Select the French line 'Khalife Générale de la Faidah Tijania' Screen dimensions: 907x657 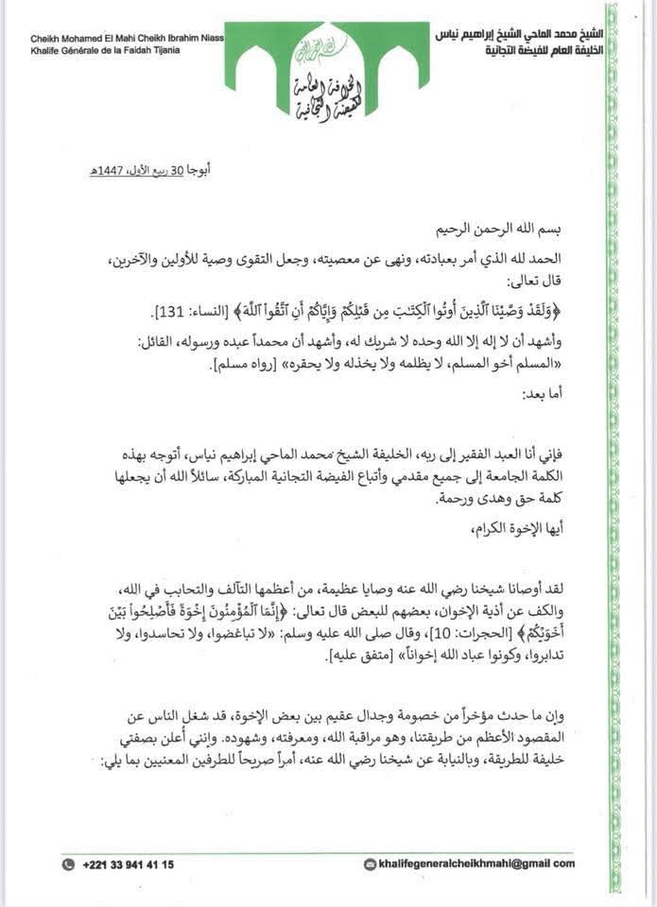(x=105, y=50)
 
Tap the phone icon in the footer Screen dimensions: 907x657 (x=69, y=864)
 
